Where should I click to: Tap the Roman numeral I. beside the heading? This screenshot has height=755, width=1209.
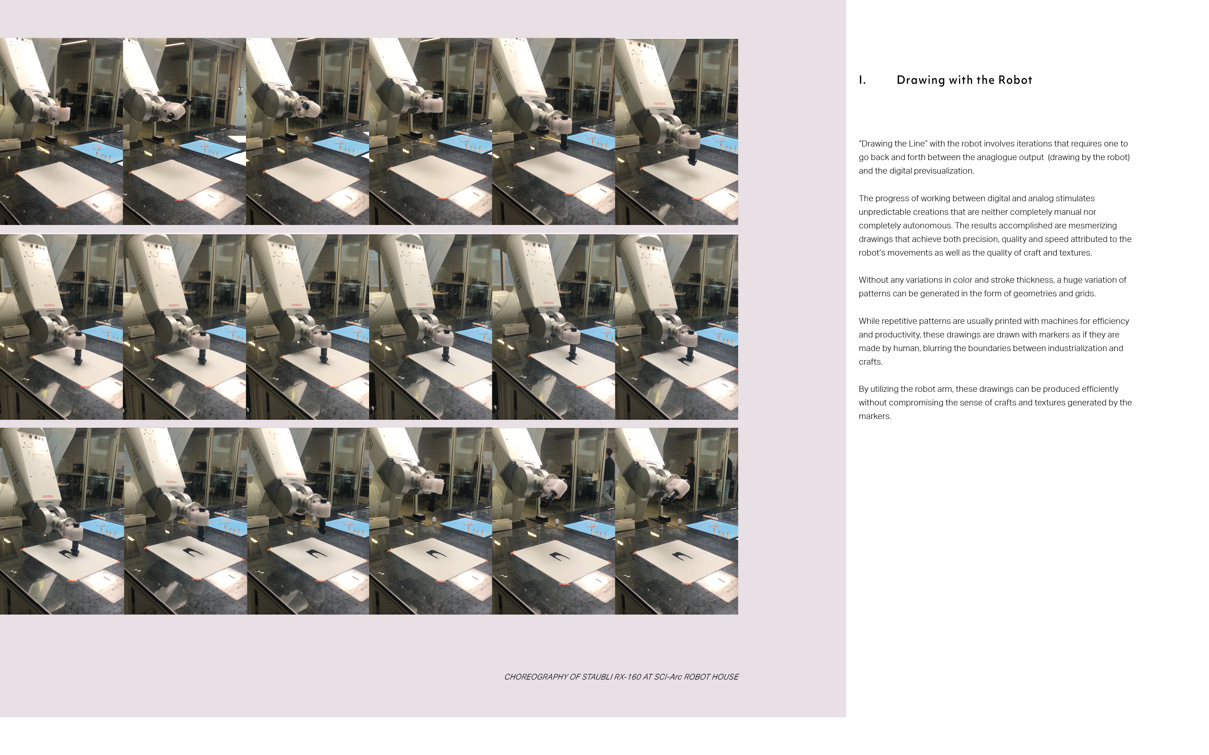coord(862,80)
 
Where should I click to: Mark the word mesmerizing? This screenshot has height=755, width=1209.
coord(1093,225)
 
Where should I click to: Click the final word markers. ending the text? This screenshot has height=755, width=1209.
coord(875,416)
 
